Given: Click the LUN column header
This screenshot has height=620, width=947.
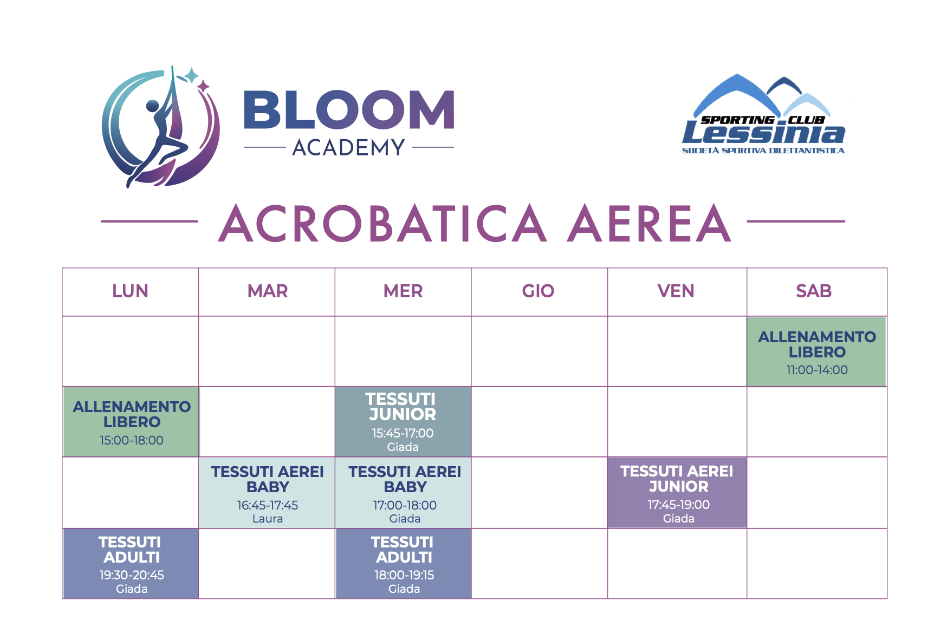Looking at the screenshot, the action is coord(130,291).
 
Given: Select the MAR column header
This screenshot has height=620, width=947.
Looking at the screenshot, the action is coord(268,291).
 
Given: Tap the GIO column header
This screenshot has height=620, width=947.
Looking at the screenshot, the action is coord(538,291).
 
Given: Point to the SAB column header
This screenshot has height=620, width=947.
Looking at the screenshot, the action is coord(814,291).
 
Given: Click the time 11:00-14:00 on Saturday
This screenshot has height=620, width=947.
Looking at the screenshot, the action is coord(817,370).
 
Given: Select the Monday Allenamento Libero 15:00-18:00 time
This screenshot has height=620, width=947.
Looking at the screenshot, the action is coord(132,440).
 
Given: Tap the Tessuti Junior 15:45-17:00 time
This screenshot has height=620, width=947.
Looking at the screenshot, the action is coord(403,433).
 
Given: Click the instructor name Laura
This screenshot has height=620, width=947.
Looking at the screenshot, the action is coord(268,519).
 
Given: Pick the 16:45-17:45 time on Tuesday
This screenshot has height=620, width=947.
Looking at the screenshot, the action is coord(268,505).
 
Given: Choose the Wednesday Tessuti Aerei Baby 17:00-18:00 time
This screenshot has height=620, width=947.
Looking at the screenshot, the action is coord(405,505).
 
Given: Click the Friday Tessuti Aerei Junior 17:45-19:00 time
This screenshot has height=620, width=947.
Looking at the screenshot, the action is coord(678,505).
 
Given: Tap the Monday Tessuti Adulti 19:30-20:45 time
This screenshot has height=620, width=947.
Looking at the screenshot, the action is coord(132,575).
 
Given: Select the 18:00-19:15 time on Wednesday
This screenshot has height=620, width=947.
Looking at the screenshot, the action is coord(404,575).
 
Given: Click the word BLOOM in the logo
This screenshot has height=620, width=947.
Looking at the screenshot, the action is coord(349,110).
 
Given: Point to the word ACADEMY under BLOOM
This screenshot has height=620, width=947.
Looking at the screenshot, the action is coord(349,147).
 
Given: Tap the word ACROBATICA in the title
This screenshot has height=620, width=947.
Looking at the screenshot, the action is coord(382,223).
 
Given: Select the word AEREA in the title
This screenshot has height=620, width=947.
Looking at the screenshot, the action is coord(650,223).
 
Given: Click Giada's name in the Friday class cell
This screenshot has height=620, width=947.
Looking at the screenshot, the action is coord(678,519).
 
